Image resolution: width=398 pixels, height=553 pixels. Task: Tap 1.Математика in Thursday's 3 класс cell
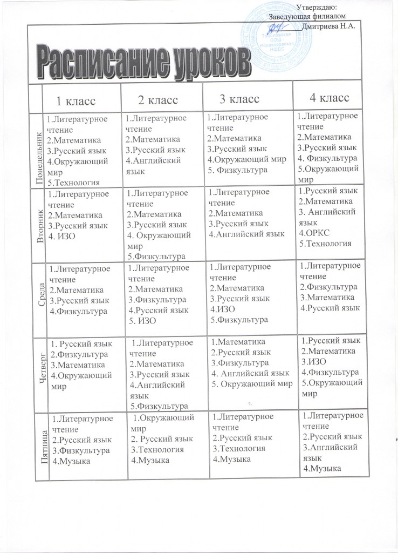[238, 341]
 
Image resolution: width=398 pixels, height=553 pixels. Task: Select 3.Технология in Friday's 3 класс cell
[239, 448]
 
